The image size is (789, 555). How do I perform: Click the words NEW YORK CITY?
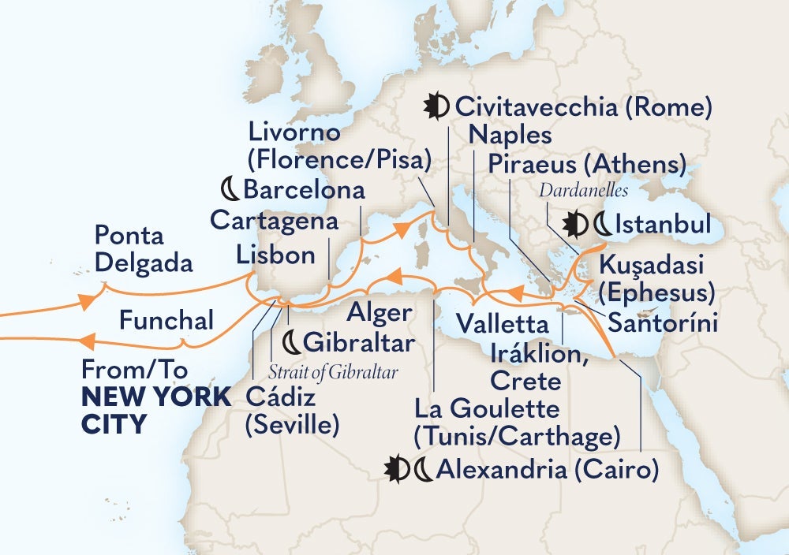coord(156,412)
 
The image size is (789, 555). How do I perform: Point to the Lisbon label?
coord(275,254)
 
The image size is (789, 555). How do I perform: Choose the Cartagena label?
coord(274,221)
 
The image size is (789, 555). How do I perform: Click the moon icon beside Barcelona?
coord(229,189)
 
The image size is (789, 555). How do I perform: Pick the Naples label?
coord(510,135)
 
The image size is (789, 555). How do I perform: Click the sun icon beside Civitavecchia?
coord(436,105)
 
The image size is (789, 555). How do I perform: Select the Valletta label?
coord(502,323)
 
